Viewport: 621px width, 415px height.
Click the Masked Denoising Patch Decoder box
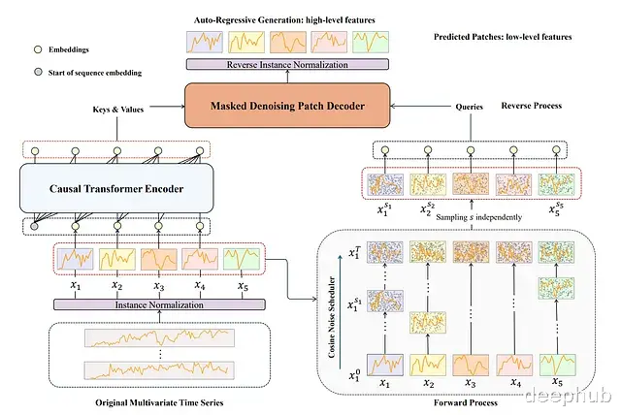(287, 106)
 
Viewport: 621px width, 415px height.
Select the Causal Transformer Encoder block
(116, 188)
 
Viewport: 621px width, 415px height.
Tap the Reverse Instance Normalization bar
(287, 64)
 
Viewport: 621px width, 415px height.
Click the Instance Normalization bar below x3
(159, 304)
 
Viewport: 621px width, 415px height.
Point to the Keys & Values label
(118, 110)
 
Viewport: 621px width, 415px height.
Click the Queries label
(469, 107)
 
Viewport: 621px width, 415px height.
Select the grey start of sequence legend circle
(38, 72)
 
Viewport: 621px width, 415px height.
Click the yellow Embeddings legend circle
(38, 49)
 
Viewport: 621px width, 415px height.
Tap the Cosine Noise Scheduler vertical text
(332, 317)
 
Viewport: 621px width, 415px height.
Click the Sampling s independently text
(478, 217)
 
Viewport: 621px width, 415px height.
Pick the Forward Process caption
(466, 402)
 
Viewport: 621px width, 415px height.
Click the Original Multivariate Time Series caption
(159, 402)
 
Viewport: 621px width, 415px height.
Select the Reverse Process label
(532, 106)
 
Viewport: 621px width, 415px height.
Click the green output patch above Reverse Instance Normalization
(371, 42)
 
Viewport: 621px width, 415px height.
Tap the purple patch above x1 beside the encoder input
(76, 259)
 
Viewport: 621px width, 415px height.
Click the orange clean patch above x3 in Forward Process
(471, 365)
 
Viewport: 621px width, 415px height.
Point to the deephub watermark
(569, 395)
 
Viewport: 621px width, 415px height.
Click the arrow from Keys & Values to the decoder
(167, 106)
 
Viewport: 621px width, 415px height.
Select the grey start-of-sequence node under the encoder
(35, 226)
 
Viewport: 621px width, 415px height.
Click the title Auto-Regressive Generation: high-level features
(284, 20)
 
